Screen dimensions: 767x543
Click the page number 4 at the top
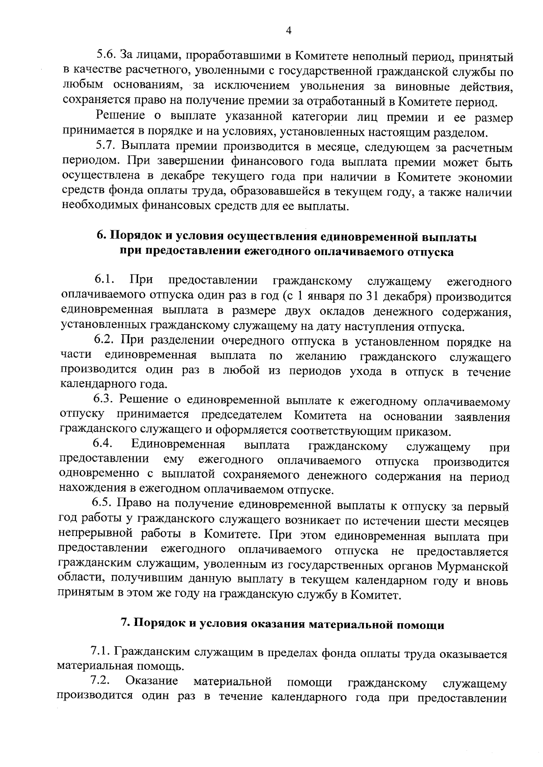pyautogui.click(x=288, y=30)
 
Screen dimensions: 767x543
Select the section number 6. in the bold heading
pyautogui.click(x=102, y=237)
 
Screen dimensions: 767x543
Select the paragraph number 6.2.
pyautogui.click(x=105, y=341)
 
